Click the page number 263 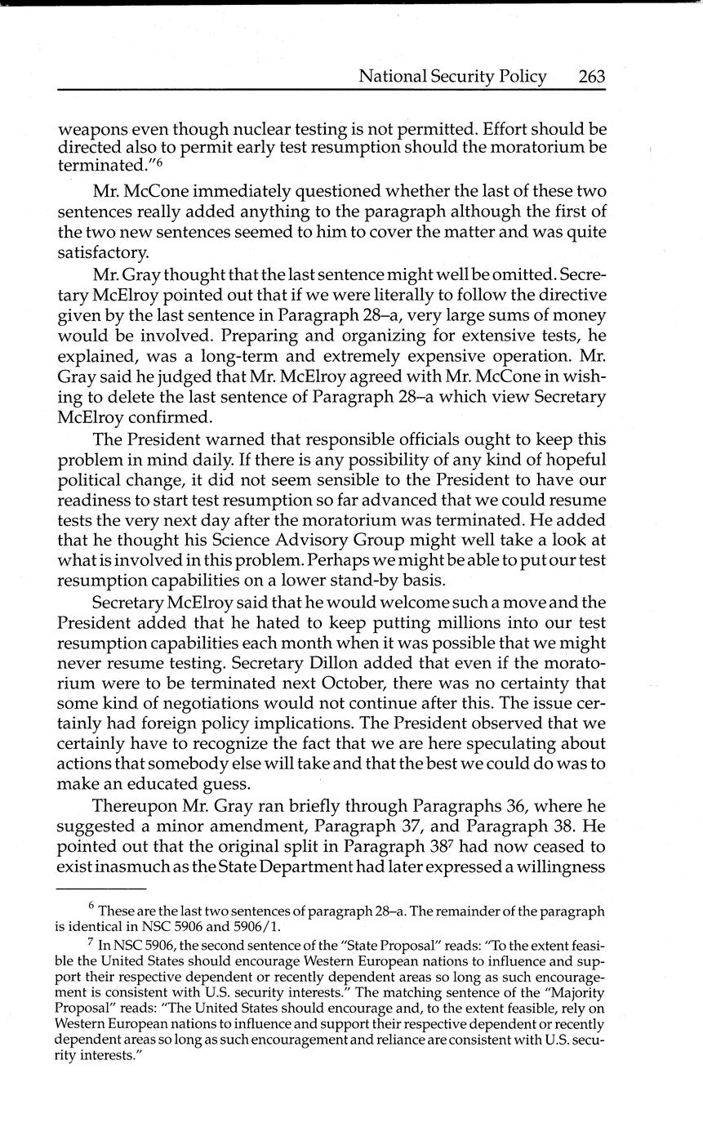click(591, 77)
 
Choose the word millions click(454, 621)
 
